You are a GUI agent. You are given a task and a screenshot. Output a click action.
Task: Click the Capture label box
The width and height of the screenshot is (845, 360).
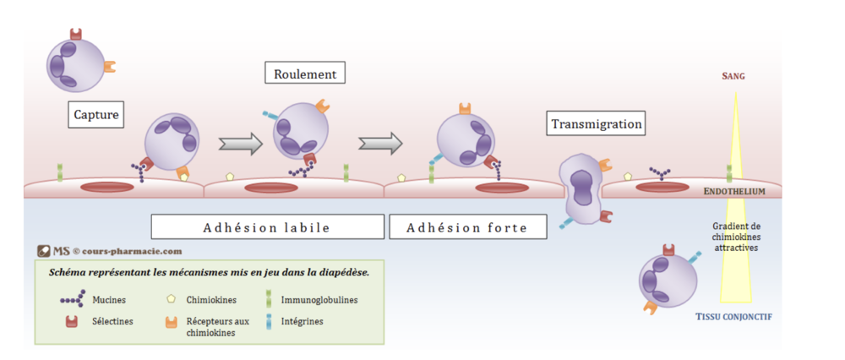96,115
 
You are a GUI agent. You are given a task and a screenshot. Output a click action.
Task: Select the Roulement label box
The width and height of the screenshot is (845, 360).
305,74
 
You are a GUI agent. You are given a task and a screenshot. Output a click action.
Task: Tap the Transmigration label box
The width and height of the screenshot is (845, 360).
597,124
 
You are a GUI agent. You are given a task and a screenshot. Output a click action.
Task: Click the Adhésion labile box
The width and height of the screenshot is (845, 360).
266,227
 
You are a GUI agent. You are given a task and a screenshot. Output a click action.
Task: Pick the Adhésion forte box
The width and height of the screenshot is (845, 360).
466,227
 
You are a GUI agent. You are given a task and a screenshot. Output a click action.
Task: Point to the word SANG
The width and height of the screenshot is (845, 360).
733,76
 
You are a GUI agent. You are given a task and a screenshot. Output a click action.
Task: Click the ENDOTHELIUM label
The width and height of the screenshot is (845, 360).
733,192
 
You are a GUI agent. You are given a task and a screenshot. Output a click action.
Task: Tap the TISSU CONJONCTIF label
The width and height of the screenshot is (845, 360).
733,317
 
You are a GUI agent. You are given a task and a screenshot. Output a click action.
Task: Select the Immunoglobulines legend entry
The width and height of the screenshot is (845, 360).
319,300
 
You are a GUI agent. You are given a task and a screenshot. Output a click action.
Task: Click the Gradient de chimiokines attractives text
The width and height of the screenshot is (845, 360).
735,237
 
